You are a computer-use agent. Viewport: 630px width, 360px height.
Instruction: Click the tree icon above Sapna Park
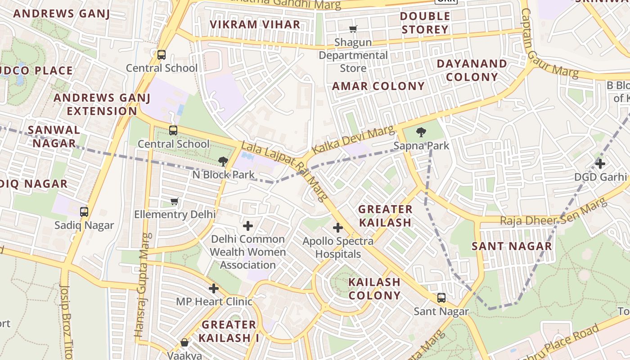(x=421, y=132)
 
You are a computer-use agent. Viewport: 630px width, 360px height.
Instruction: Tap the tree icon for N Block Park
(x=223, y=161)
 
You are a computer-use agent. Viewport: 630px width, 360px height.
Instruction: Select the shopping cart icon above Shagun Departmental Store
(x=353, y=29)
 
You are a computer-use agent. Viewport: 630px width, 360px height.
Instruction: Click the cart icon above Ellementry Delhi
(x=175, y=201)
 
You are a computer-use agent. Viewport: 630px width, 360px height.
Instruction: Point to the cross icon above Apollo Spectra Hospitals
(x=338, y=228)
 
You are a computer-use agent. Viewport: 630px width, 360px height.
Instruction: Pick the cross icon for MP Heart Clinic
(x=214, y=288)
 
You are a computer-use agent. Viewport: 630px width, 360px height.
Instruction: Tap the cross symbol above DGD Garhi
(x=600, y=163)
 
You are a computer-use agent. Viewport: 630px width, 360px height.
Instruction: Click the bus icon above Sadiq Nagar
(x=84, y=211)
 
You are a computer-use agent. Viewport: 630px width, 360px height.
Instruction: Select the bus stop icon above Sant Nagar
(x=441, y=297)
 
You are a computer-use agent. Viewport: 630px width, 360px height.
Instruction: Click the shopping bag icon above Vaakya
(x=184, y=342)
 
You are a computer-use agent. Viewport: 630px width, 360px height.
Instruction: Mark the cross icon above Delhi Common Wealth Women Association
(x=248, y=225)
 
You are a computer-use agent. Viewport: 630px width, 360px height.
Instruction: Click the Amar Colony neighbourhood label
(x=378, y=86)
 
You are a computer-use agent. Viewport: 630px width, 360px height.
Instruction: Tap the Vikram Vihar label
(x=255, y=24)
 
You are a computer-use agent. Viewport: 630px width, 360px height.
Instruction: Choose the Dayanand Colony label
(x=472, y=70)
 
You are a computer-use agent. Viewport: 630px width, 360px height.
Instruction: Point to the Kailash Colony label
(x=374, y=288)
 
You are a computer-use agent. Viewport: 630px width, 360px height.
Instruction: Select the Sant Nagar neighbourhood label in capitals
(x=512, y=246)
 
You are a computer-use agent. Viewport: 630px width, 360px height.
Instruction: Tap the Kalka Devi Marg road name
(x=354, y=140)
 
